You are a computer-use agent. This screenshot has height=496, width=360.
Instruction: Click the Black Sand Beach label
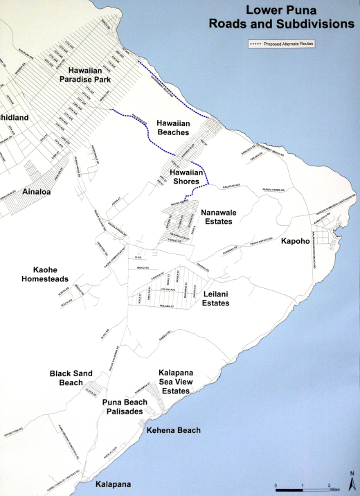[76, 377]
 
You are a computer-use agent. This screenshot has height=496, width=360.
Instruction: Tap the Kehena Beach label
[174, 430]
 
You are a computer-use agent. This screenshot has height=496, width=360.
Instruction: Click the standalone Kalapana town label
[113, 484]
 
